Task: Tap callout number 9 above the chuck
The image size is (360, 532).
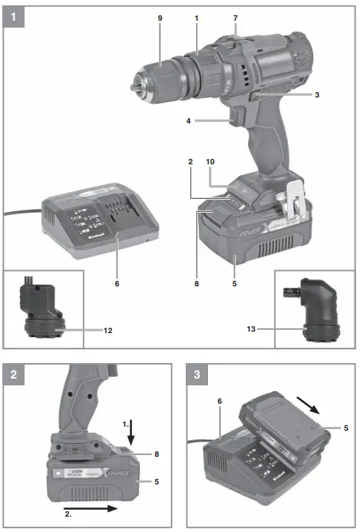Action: [160, 17]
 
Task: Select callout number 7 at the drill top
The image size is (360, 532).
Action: [235, 17]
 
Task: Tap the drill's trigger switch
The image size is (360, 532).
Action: [235, 117]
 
